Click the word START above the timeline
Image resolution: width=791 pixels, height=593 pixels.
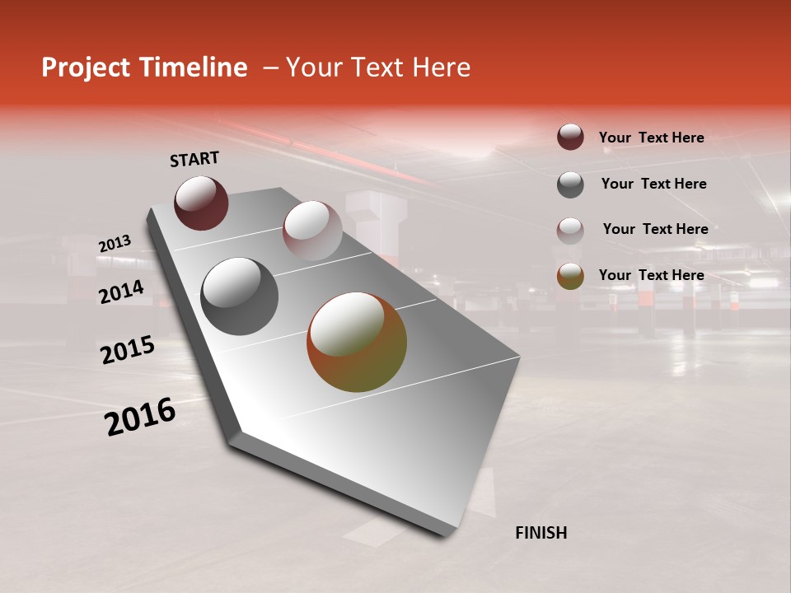(x=194, y=159)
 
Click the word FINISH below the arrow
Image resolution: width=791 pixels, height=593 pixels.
(x=541, y=533)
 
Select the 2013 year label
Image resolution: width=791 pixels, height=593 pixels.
(x=115, y=244)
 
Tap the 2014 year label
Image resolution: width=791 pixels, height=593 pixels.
(x=121, y=292)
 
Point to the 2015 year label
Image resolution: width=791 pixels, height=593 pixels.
(x=128, y=350)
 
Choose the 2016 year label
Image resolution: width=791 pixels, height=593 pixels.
(x=140, y=417)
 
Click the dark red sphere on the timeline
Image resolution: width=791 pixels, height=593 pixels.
(x=201, y=203)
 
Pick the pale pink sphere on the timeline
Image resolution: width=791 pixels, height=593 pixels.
(x=311, y=231)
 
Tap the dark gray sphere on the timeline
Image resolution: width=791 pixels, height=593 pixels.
(x=239, y=296)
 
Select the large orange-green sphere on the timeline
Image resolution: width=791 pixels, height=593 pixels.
(x=357, y=342)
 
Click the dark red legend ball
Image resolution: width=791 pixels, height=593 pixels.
(x=570, y=137)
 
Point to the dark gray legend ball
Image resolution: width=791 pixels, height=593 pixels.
(x=570, y=184)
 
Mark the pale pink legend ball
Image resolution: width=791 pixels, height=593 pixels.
(x=570, y=230)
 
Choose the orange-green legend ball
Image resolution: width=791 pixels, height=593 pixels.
(x=570, y=276)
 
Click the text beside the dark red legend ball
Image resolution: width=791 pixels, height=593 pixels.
(x=651, y=138)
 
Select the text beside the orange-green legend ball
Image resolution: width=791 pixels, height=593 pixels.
(x=651, y=275)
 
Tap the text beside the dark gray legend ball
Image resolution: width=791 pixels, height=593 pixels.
(x=653, y=184)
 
